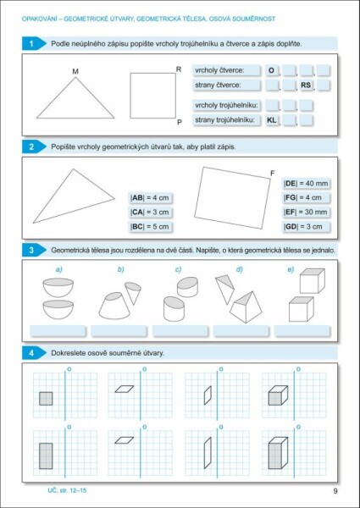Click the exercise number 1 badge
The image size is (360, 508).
point(31,43)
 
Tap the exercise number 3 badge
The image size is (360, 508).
point(31,251)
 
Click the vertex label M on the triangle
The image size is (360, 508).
point(75,71)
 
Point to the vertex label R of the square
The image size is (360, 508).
point(178,69)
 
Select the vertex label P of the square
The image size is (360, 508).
point(179,122)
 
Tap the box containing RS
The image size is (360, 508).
point(306,85)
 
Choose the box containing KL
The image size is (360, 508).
point(272,120)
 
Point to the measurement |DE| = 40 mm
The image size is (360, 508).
point(305,183)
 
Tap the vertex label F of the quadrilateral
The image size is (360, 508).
point(271,174)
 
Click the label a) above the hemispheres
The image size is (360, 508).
point(59,270)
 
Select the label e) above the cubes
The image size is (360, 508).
point(291,270)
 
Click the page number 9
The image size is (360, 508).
point(335,492)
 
